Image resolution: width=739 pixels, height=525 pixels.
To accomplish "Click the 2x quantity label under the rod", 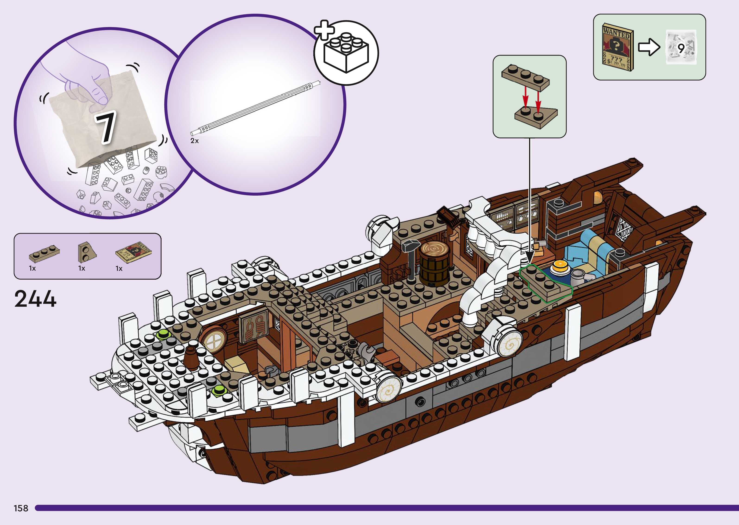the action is pos(194,141).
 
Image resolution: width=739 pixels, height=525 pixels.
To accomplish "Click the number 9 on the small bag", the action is pos(681,48).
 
